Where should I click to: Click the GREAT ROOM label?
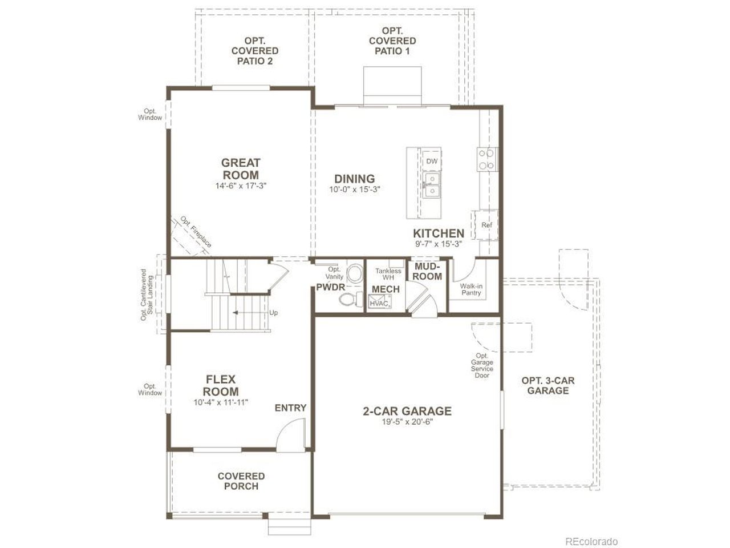click(241, 169)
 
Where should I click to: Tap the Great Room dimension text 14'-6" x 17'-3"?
click(241, 186)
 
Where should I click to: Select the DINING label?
click(354, 179)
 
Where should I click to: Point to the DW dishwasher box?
click(432, 161)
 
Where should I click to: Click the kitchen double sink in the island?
click(432, 184)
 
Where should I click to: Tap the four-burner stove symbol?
click(486, 159)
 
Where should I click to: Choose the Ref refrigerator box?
click(486, 224)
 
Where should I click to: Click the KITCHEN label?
click(439, 233)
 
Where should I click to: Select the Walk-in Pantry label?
click(471, 289)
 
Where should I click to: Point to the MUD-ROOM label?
click(427, 271)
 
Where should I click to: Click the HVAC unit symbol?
click(380, 301)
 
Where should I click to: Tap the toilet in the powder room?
click(350, 299)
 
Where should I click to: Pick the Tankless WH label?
click(388, 274)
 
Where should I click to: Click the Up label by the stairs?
click(273, 312)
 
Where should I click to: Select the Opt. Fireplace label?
click(196, 232)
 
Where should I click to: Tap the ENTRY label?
click(290, 408)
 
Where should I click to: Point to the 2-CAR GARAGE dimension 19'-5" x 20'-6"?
click(407, 422)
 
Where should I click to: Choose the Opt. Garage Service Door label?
click(482, 365)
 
